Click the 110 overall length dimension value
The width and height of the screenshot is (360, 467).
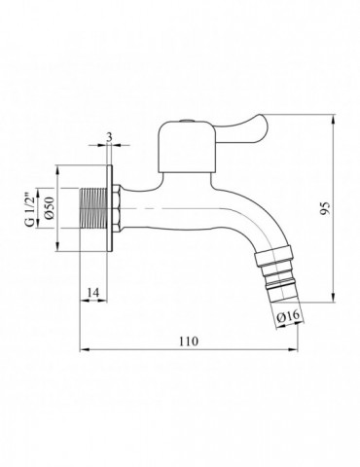tap(189, 341)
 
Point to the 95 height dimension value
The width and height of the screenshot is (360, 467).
tap(325, 208)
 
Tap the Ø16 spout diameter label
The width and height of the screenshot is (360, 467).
tap(288, 315)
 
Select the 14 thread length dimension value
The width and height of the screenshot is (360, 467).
tap(92, 292)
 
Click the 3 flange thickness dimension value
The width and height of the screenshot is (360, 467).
tap(109, 137)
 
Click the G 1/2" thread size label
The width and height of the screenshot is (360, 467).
tap(30, 208)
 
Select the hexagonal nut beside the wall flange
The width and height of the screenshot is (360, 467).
tap(117, 208)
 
